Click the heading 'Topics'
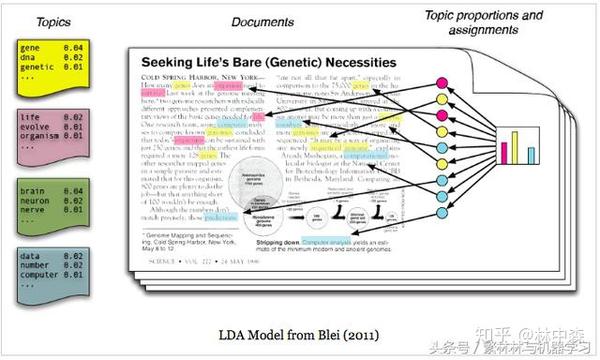(x=36, y=22)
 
